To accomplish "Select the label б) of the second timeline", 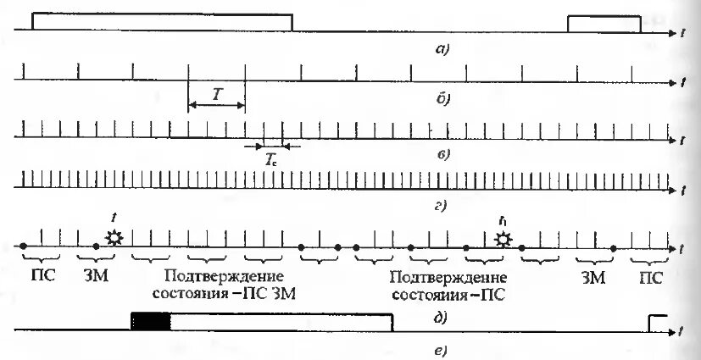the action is (x=442, y=98).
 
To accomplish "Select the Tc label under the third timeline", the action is (x=271, y=158).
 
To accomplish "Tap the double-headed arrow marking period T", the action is (x=215, y=106).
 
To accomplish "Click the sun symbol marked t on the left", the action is (x=114, y=239).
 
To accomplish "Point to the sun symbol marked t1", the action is (x=504, y=240).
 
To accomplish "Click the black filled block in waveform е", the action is (x=151, y=321).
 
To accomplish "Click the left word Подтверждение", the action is (x=223, y=277).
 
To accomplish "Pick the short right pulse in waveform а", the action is (x=604, y=24).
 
